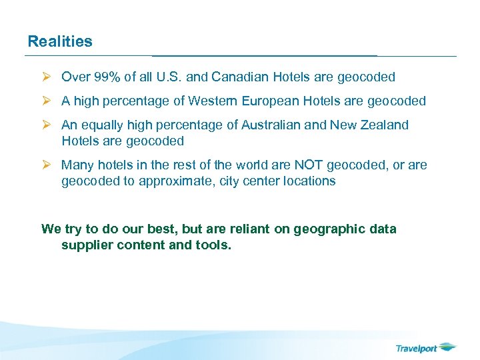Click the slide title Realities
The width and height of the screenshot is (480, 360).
pos(60,41)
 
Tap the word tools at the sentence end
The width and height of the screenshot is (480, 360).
pos(215,245)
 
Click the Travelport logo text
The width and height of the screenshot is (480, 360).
pos(417,348)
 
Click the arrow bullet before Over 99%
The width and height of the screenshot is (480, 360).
pos(47,77)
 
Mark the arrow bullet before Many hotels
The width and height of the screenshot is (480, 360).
pos(47,165)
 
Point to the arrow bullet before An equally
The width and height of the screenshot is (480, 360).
pos(47,125)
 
